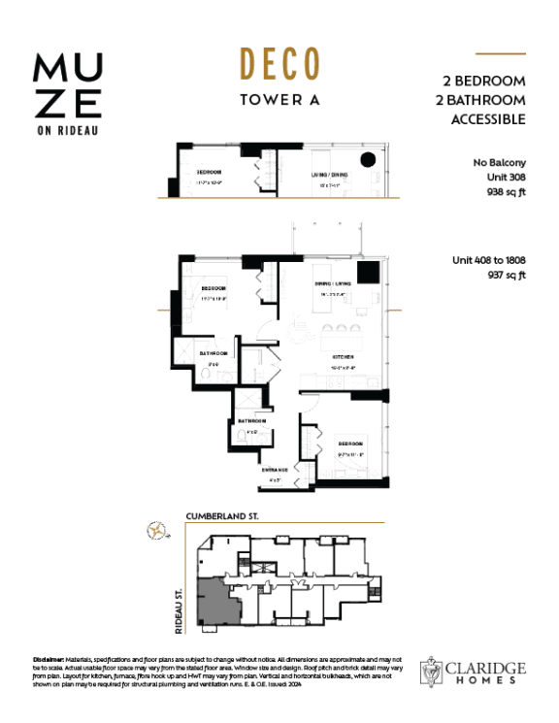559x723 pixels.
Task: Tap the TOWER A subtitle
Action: (x=279, y=98)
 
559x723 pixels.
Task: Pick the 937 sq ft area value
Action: (x=505, y=275)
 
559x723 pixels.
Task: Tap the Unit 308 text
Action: (x=506, y=179)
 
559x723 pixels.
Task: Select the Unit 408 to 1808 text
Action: (x=488, y=260)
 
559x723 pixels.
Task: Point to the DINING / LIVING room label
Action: (x=331, y=283)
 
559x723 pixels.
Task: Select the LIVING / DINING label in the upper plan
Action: (x=330, y=175)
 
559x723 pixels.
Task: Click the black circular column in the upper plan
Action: (x=368, y=161)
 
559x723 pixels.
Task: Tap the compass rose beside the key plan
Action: (x=154, y=530)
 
